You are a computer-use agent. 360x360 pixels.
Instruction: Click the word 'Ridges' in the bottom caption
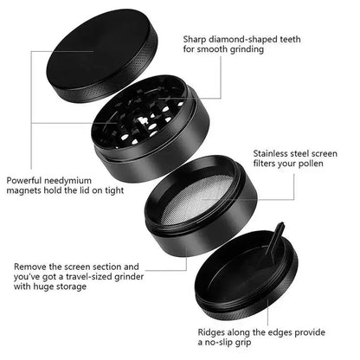[214, 331]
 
